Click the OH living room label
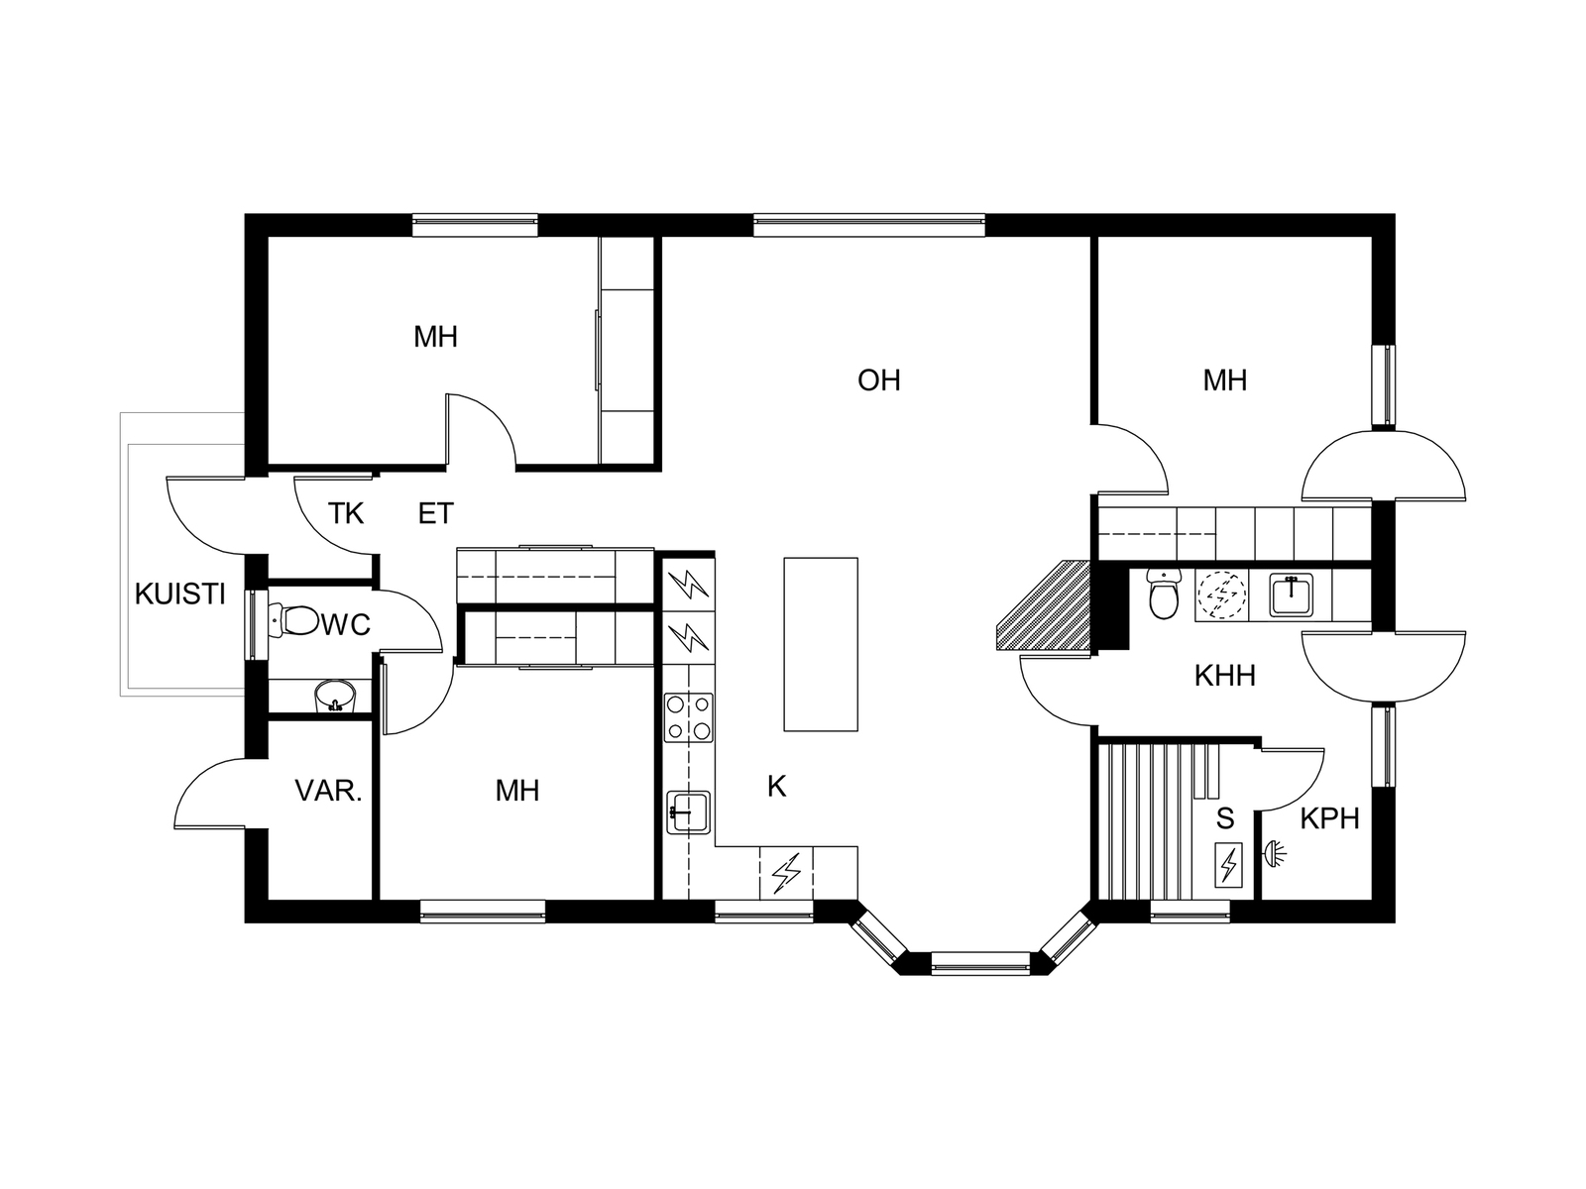coord(878,380)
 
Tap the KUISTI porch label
coord(180,594)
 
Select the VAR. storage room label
coord(328,792)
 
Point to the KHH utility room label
coord(1225,676)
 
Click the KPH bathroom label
coord(1329,819)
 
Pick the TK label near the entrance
coord(345,513)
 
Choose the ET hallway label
coord(436,513)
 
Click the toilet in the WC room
coord(293,620)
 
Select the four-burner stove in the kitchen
coord(689,717)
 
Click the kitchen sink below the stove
coord(689,812)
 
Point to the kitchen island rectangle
coord(821,645)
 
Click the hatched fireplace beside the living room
coord(1043,606)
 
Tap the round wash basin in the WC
coord(335,696)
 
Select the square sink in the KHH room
coord(1292,595)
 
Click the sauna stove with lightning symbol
coord(1227,865)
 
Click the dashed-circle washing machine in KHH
coord(1222,594)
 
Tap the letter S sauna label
coord(1225,819)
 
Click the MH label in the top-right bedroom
coord(1225,380)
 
